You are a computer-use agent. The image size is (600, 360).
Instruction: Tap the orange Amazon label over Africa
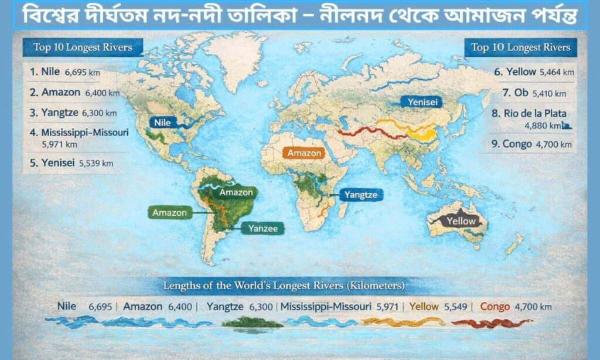click(304, 153)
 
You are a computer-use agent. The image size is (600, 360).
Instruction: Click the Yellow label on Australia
click(461, 221)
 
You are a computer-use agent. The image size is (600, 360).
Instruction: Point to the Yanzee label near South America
click(263, 228)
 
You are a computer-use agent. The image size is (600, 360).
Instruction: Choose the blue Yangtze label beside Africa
click(360, 195)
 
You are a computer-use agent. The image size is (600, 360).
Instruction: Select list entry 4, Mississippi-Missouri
click(79, 133)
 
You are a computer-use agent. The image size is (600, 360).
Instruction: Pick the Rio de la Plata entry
click(534, 113)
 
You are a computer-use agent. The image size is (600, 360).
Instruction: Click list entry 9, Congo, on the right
click(517, 144)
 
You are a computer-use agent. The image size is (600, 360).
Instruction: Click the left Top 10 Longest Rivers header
click(79, 47)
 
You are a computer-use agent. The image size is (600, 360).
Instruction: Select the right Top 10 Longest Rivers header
click(520, 47)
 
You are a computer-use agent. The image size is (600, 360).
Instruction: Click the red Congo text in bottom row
click(495, 306)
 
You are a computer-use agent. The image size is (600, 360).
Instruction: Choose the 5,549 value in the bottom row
click(456, 306)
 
